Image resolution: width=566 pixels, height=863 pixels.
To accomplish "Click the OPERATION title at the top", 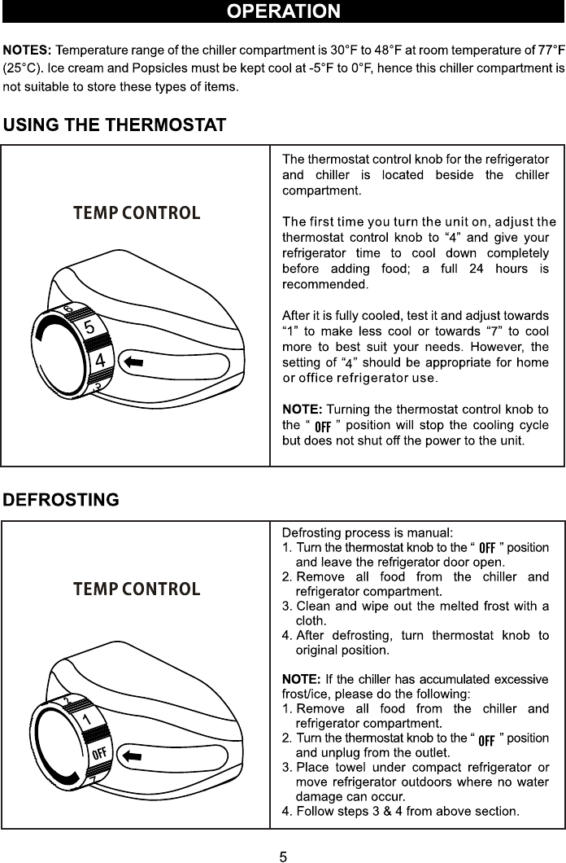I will [x=283, y=11].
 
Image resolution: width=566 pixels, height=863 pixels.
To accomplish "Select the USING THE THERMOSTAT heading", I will [x=114, y=126].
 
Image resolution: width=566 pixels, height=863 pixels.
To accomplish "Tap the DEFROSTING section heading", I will [x=61, y=499].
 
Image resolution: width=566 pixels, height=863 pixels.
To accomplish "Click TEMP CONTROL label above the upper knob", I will [x=137, y=213].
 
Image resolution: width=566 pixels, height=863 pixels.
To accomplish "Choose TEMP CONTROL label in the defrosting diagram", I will [x=137, y=589].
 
